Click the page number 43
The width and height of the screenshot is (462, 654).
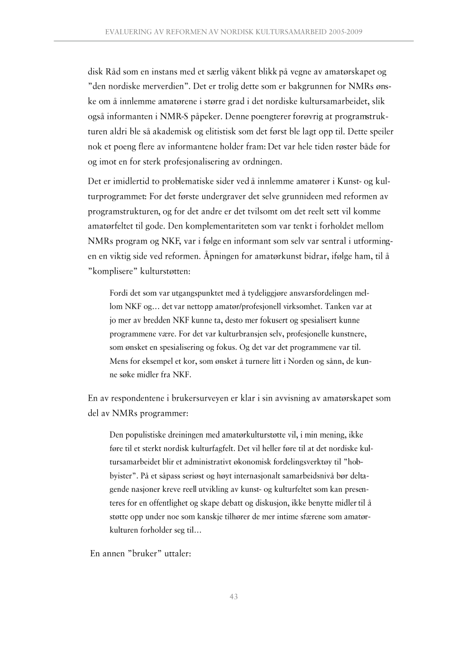(x=234, y=597)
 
